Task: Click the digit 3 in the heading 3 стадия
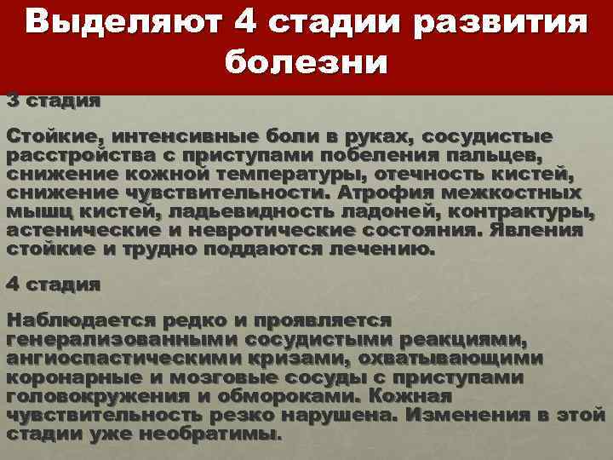[x=13, y=101]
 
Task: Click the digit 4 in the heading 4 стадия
[x=13, y=284]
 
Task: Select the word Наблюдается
[x=76, y=320]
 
